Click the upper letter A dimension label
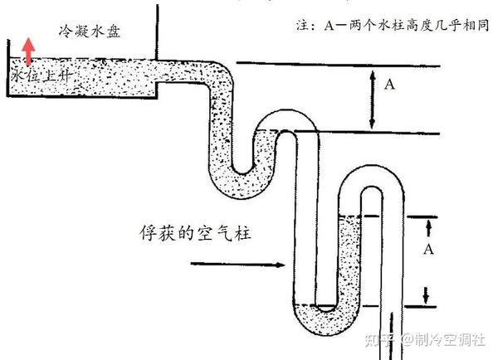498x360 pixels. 390,83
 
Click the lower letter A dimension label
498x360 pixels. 429,249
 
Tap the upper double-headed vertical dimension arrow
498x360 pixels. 371,98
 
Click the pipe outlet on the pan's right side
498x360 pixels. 159,75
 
